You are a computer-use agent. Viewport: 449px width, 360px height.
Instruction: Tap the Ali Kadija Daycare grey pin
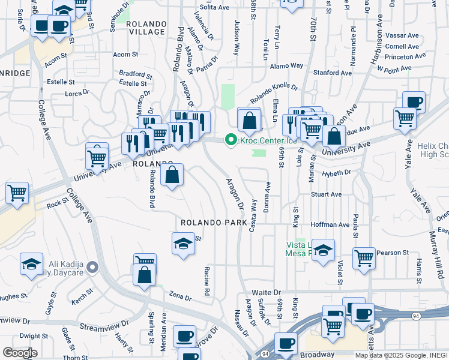pyautogui.click(x=92, y=267)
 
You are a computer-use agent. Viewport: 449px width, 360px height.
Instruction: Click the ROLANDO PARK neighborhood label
pyautogui.click(x=214, y=223)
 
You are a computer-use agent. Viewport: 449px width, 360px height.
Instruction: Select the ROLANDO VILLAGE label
pyautogui.click(x=146, y=28)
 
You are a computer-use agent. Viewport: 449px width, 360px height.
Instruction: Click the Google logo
pyautogui.click(x=20, y=353)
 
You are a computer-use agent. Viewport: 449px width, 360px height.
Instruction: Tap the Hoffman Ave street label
pyautogui.click(x=331, y=224)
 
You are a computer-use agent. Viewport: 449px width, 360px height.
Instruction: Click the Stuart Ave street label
pyautogui.click(x=326, y=194)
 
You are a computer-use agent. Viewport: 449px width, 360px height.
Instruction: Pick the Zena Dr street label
pyautogui.click(x=180, y=297)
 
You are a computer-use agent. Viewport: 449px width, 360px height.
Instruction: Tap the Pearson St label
pyautogui.click(x=392, y=253)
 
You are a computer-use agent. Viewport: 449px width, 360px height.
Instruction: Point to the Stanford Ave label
pyautogui.click(x=332, y=73)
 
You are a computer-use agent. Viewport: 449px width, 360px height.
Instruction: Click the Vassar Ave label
pyautogui.click(x=402, y=36)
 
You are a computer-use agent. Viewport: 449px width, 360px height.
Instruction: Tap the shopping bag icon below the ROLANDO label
pyautogui.click(x=172, y=175)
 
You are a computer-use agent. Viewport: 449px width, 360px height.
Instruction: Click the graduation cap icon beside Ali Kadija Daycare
pyautogui.click(x=32, y=263)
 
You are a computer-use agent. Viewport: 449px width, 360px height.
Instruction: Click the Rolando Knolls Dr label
pyautogui.click(x=274, y=90)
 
